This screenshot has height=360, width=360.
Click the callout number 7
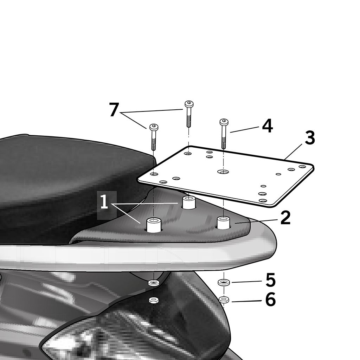[x=114, y=110]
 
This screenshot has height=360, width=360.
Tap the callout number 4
[x=268, y=126]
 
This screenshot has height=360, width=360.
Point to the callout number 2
[x=285, y=218]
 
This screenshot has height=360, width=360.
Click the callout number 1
[x=104, y=202]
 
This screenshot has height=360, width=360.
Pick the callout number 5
[x=270, y=280]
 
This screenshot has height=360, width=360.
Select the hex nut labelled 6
[x=224, y=300]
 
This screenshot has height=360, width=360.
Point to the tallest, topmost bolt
[x=189, y=114]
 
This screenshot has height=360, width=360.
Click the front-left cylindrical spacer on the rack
[x=154, y=225]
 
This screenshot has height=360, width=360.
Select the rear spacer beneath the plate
[x=189, y=202]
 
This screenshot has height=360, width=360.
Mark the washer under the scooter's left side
[x=154, y=283]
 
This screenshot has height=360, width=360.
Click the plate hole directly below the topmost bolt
[x=188, y=153]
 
